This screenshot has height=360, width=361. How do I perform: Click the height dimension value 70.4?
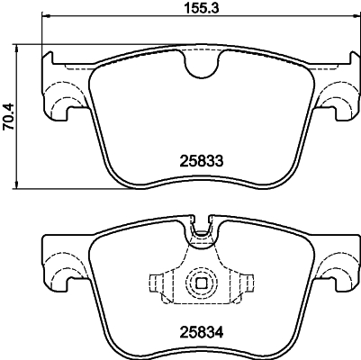coord(11,115)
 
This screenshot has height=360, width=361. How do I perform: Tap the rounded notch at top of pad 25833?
coord(201,64)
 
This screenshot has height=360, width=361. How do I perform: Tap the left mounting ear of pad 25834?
coord(63,267)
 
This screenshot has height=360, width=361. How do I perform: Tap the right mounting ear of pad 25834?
coord(338,267)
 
